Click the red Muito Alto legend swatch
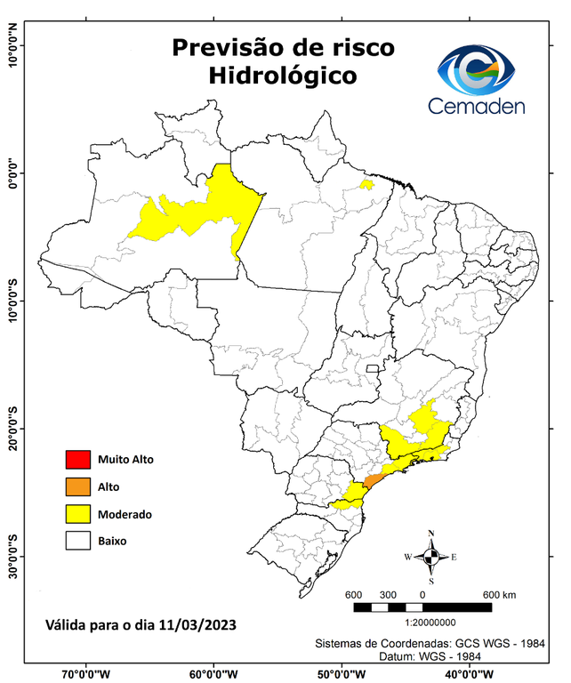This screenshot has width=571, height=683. (x=78, y=460)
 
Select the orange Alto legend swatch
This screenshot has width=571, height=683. (x=78, y=486)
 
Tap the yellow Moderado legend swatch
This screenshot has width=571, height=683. (x=78, y=513)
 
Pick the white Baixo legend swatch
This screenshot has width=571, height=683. (x=78, y=540)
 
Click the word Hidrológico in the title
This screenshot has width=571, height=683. (x=283, y=76)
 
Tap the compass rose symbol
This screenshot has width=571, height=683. (x=431, y=558)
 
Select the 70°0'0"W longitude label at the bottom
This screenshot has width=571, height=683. (x=86, y=673)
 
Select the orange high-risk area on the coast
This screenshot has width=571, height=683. (x=373, y=481)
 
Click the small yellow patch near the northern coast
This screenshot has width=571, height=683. (x=366, y=184)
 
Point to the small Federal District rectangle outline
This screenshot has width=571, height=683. (x=374, y=367)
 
